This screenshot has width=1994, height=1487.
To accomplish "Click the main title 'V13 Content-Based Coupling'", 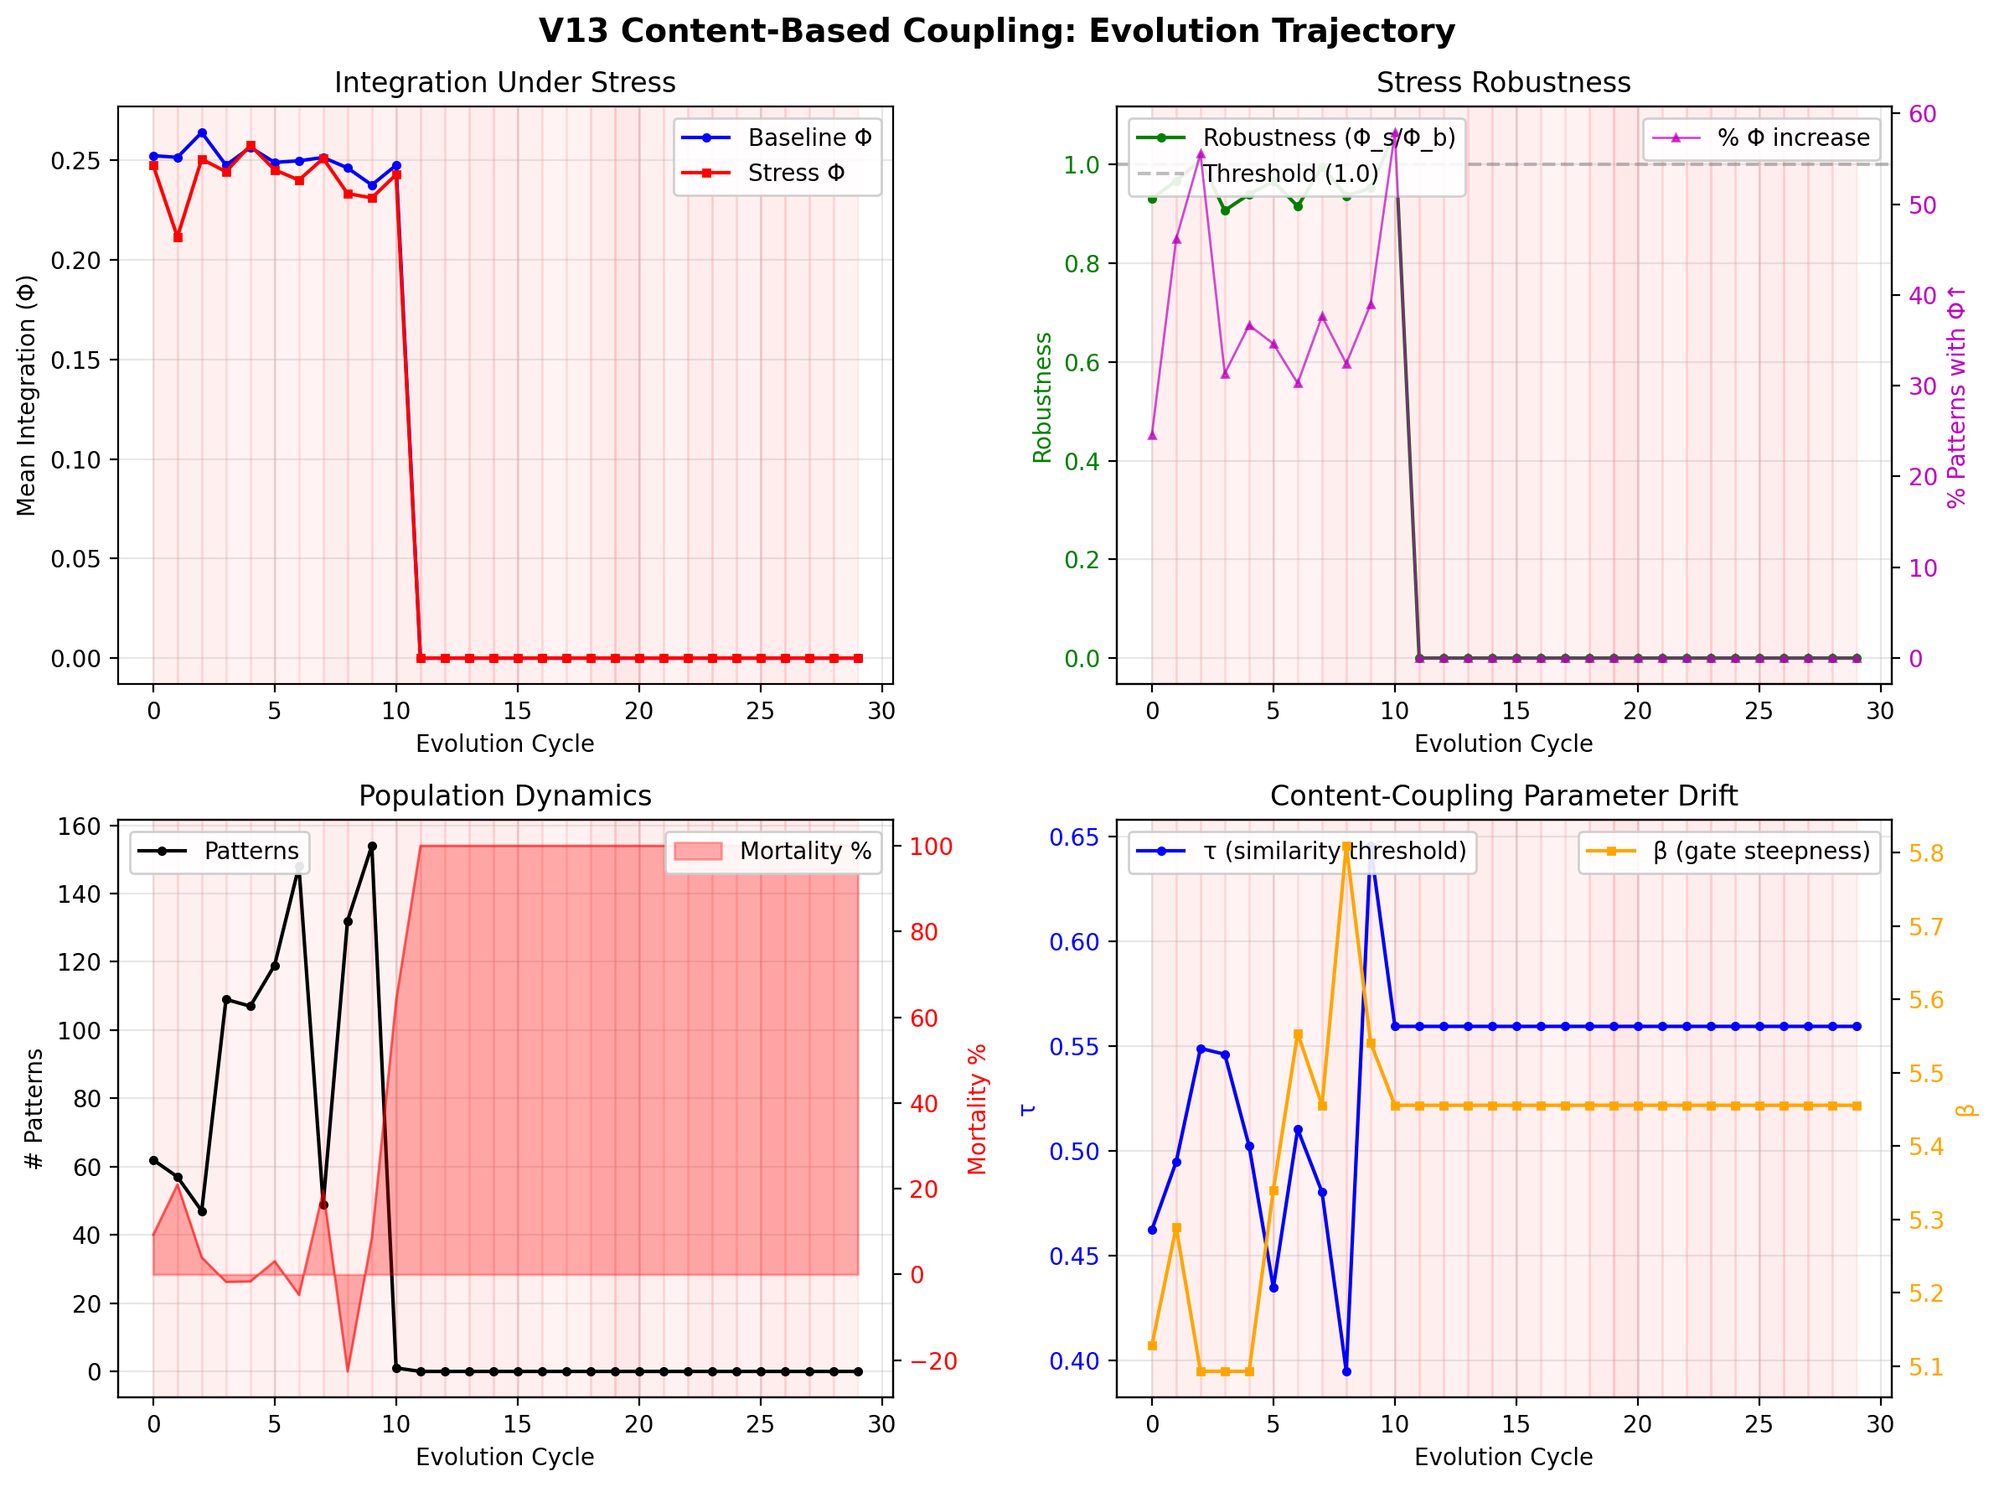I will (996, 32).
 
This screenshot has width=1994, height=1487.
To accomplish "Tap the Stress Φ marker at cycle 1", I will (178, 237).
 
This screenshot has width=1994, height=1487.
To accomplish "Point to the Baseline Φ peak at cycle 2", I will (203, 133).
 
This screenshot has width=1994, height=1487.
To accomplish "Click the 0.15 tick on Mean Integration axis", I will (75, 360).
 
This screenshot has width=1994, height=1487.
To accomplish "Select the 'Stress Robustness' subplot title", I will (1503, 83).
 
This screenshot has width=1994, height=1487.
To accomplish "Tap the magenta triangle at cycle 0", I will (1153, 436).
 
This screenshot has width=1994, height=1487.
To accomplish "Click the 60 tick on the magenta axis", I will (1923, 114).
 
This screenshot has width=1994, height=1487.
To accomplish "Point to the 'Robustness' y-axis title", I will (1042, 398).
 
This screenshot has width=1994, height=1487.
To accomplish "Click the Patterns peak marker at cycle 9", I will (373, 847).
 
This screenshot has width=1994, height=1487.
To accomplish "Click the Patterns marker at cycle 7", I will (324, 1205).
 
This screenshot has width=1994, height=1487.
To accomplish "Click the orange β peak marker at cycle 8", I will (1347, 847).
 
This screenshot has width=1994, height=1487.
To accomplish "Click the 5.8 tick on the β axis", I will (1925, 854).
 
